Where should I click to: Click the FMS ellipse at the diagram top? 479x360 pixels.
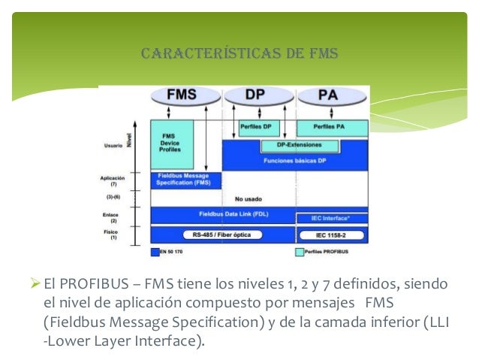pos(182,96)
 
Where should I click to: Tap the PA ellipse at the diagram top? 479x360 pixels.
pos(328,96)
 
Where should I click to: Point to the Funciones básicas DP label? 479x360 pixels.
pos(294,160)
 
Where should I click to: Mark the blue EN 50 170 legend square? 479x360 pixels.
pos(154,252)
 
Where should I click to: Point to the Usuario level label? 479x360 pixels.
pos(113,146)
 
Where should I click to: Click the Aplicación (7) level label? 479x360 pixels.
pos(113,180)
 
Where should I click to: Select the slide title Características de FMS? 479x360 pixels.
pos(239,53)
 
